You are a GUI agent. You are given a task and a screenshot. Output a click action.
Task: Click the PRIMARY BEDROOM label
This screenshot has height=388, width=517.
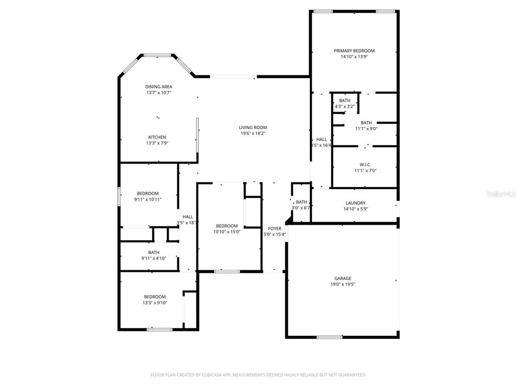pyautogui.click(x=354, y=51)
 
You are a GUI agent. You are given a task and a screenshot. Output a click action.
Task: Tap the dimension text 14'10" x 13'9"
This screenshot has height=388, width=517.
pyautogui.click(x=354, y=57)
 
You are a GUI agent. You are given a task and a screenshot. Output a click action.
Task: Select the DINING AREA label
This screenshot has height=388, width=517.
pyautogui.click(x=159, y=86)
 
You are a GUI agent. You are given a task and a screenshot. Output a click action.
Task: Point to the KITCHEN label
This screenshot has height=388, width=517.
pyautogui.click(x=157, y=137)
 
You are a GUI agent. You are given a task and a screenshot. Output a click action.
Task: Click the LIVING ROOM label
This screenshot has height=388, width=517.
pyautogui.click(x=253, y=127)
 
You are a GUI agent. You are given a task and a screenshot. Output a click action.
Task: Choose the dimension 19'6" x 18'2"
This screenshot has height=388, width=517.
pyautogui.click(x=253, y=133)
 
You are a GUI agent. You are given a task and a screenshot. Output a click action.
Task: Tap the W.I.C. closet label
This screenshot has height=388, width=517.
pyautogui.click(x=366, y=164)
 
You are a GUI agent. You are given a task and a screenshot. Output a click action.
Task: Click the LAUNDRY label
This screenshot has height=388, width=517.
pyautogui.click(x=355, y=203)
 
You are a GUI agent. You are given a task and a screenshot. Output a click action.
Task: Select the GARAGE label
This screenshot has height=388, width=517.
pyautogui.click(x=342, y=278)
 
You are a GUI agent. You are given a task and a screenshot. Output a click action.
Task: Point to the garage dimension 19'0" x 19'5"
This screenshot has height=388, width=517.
pyautogui.click(x=342, y=284)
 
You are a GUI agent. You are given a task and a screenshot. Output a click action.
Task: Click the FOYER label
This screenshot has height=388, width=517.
pyautogui.click(x=275, y=228)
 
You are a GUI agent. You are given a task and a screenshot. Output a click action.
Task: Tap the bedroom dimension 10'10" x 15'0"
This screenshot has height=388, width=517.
pyautogui.click(x=227, y=232)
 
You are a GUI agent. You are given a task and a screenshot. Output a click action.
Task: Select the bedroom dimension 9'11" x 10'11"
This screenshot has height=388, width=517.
pyautogui.click(x=147, y=200)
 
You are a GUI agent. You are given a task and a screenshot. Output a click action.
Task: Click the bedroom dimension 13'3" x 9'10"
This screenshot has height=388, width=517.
pyautogui.click(x=154, y=303)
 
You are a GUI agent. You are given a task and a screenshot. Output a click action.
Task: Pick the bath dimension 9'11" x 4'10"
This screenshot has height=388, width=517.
pyautogui.click(x=153, y=259)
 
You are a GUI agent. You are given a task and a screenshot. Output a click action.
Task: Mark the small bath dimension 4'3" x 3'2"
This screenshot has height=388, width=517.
pyautogui.click(x=345, y=107)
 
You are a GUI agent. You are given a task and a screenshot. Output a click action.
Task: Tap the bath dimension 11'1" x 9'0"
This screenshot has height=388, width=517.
pyautogui.click(x=366, y=128)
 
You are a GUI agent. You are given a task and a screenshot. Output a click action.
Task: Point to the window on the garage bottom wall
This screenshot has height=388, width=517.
pyautogui.click(x=329, y=337)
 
